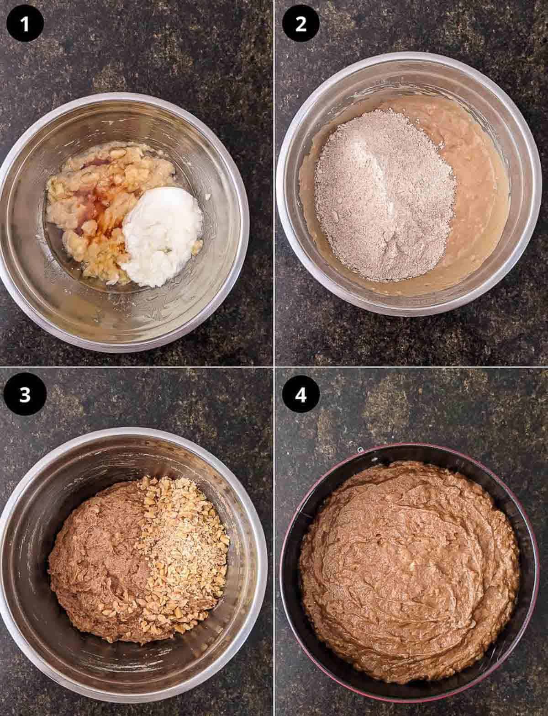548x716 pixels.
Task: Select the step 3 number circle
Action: tap(25, 395)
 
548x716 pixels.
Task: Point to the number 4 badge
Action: tap(300, 395)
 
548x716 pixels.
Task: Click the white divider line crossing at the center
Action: tap(274, 366)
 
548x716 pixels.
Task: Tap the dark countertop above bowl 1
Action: tap(137, 46)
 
